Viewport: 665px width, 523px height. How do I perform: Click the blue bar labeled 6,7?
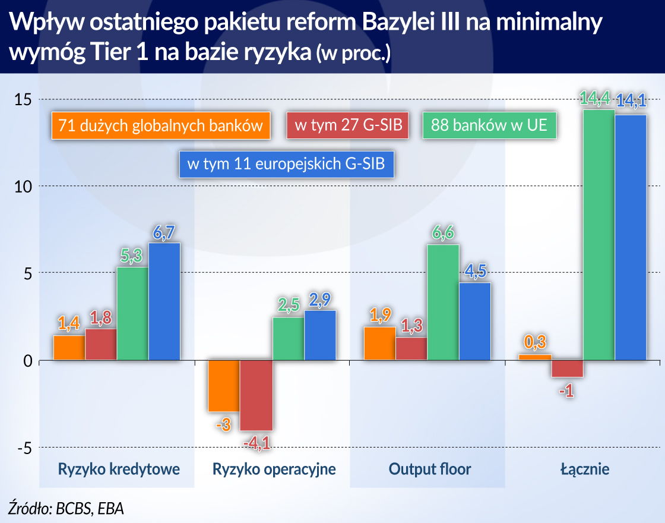tap(164, 301)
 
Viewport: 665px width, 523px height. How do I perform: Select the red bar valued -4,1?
tap(256, 396)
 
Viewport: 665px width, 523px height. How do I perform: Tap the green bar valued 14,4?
tap(598, 235)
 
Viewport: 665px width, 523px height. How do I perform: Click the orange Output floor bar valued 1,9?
tap(379, 344)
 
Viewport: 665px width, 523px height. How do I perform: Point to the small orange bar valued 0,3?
tap(536, 358)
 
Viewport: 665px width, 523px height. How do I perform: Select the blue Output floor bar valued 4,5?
tap(475, 322)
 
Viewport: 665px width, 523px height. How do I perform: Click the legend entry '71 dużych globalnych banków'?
tap(160, 125)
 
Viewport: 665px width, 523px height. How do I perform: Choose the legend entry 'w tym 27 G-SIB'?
tap(347, 125)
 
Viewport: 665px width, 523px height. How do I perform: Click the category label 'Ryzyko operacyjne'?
tap(274, 469)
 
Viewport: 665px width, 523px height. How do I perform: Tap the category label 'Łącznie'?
tap(585, 469)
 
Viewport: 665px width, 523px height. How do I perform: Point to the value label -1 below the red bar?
tap(567, 392)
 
